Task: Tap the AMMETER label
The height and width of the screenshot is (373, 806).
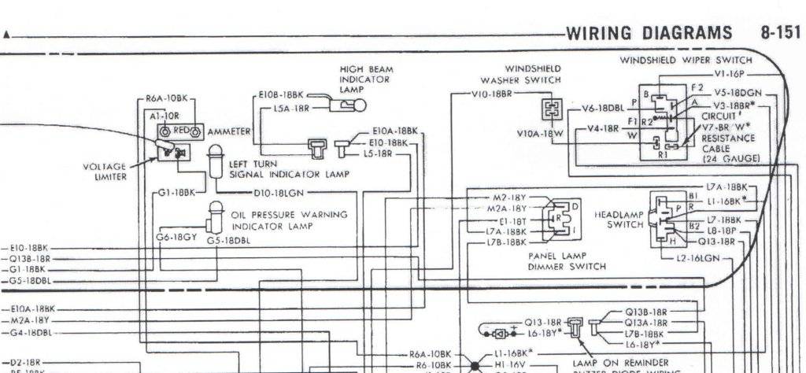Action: point(228,131)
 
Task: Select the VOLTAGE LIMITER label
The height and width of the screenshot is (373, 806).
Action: point(104,171)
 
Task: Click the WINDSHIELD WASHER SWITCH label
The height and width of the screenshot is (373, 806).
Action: point(521,74)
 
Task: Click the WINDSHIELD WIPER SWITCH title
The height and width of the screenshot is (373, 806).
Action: point(686,59)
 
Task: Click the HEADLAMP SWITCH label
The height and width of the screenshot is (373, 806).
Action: point(619,219)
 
